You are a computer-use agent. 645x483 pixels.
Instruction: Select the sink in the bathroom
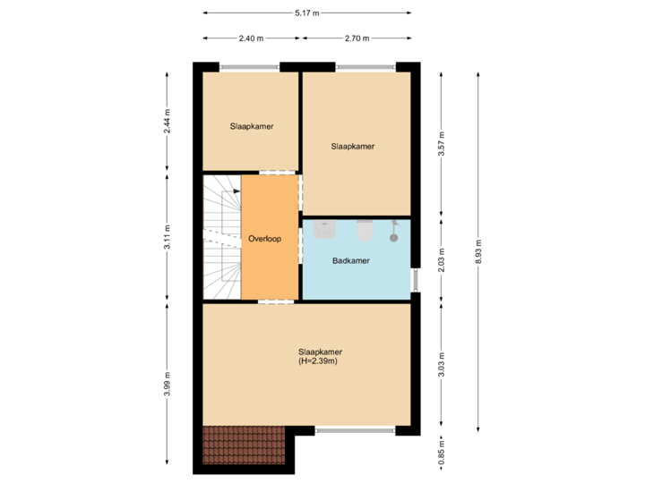coord(324,230)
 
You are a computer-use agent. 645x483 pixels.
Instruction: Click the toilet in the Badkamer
coord(364,231)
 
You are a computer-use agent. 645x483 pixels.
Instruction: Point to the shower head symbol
coord(393,234)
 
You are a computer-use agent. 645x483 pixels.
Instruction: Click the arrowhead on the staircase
coord(236,191)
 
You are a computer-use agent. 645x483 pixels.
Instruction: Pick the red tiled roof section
coord(243,445)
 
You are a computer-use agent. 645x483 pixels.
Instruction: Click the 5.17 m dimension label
coord(307,13)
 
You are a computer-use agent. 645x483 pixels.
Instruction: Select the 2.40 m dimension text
coord(250,38)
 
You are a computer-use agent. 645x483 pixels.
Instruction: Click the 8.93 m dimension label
coord(479,245)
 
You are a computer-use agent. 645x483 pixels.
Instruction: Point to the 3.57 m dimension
coord(441,144)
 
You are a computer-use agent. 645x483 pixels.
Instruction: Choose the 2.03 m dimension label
coord(441,259)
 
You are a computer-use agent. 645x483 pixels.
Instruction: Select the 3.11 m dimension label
coord(168,237)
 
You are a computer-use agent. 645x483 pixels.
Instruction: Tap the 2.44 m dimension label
coord(168,121)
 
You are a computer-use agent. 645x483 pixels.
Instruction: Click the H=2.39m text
coord(320,362)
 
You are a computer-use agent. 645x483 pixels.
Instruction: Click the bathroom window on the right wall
coord(416,279)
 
